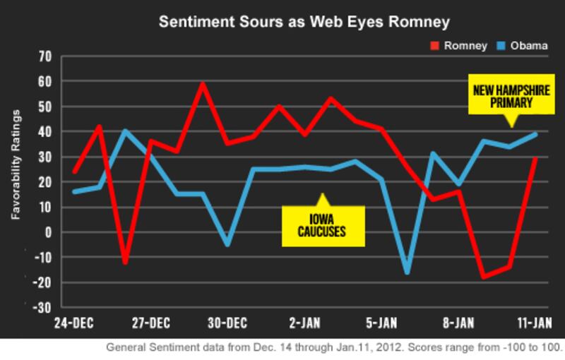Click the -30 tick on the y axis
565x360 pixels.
click(x=45, y=308)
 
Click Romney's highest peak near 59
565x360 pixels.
click(x=203, y=84)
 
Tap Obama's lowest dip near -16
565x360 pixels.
click(x=407, y=272)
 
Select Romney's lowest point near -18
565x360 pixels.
click(x=483, y=277)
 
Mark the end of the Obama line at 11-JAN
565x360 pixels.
click(x=537, y=133)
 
